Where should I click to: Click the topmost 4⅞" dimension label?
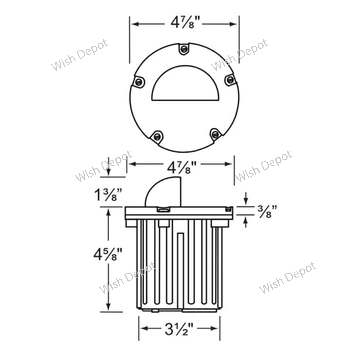click(185, 24)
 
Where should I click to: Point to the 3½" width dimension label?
click(179, 329)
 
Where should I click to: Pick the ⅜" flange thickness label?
click(267, 211)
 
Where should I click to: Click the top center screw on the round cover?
click(183, 49)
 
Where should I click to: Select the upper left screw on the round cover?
click(138, 82)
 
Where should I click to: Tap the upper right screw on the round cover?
click(230, 79)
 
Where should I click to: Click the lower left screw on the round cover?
click(156, 136)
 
